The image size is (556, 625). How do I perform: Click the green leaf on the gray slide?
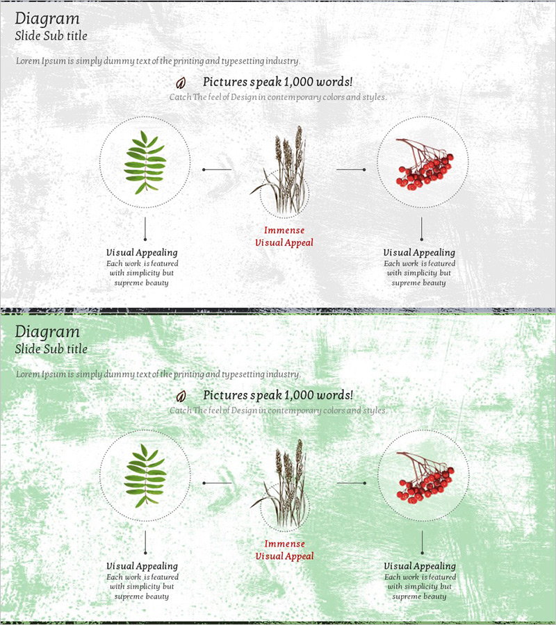pos(145,162)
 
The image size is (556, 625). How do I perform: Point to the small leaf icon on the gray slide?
pos(181,83)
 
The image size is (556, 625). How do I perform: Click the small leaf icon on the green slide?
pos(181,397)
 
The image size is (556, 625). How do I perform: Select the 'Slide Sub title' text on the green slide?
pos(51,349)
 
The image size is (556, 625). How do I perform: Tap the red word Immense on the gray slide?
pos(284,231)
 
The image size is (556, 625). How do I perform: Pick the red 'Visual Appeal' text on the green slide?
pos(284,556)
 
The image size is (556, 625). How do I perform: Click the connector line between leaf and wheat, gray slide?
pos(217,169)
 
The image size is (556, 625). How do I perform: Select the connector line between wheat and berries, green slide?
pos(352,483)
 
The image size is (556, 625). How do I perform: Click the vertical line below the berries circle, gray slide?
pos(422,228)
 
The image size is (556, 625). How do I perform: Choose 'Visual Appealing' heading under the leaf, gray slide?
pos(142,253)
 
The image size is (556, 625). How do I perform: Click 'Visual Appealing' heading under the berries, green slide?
pos(420,567)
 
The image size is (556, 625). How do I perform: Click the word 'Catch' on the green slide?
pos(180,410)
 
